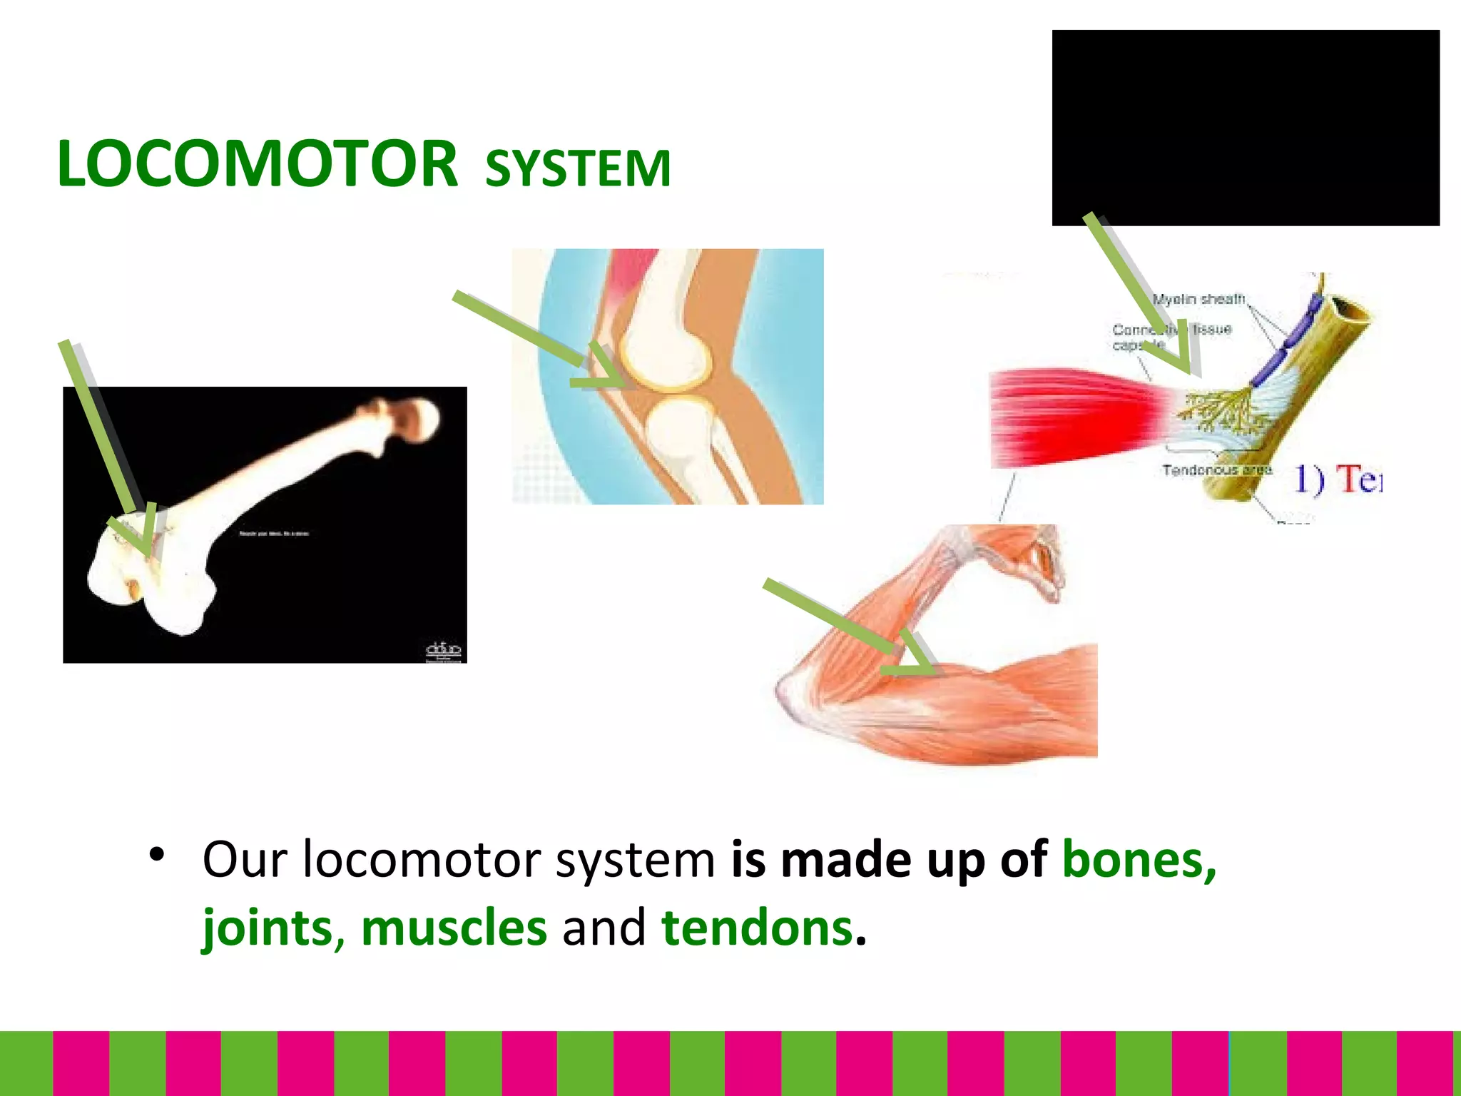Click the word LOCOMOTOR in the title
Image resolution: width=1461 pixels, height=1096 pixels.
(x=257, y=164)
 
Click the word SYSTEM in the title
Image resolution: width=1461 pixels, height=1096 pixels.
(x=578, y=169)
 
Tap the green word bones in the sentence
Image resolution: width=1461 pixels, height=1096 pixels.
(x=1139, y=859)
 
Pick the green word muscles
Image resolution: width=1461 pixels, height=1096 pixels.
(x=454, y=928)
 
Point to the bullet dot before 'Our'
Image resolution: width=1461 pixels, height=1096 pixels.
(x=157, y=854)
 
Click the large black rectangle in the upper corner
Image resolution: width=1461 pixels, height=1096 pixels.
(x=1245, y=128)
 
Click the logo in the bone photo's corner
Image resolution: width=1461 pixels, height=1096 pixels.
(x=443, y=651)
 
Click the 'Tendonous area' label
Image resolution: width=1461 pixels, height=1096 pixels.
(x=1217, y=470)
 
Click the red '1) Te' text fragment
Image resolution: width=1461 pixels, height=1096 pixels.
(x=1338, y=478)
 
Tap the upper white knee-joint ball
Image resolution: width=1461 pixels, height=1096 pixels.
(x=665, y=353)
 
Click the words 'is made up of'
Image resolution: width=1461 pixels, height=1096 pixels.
(x=888, y=859)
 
